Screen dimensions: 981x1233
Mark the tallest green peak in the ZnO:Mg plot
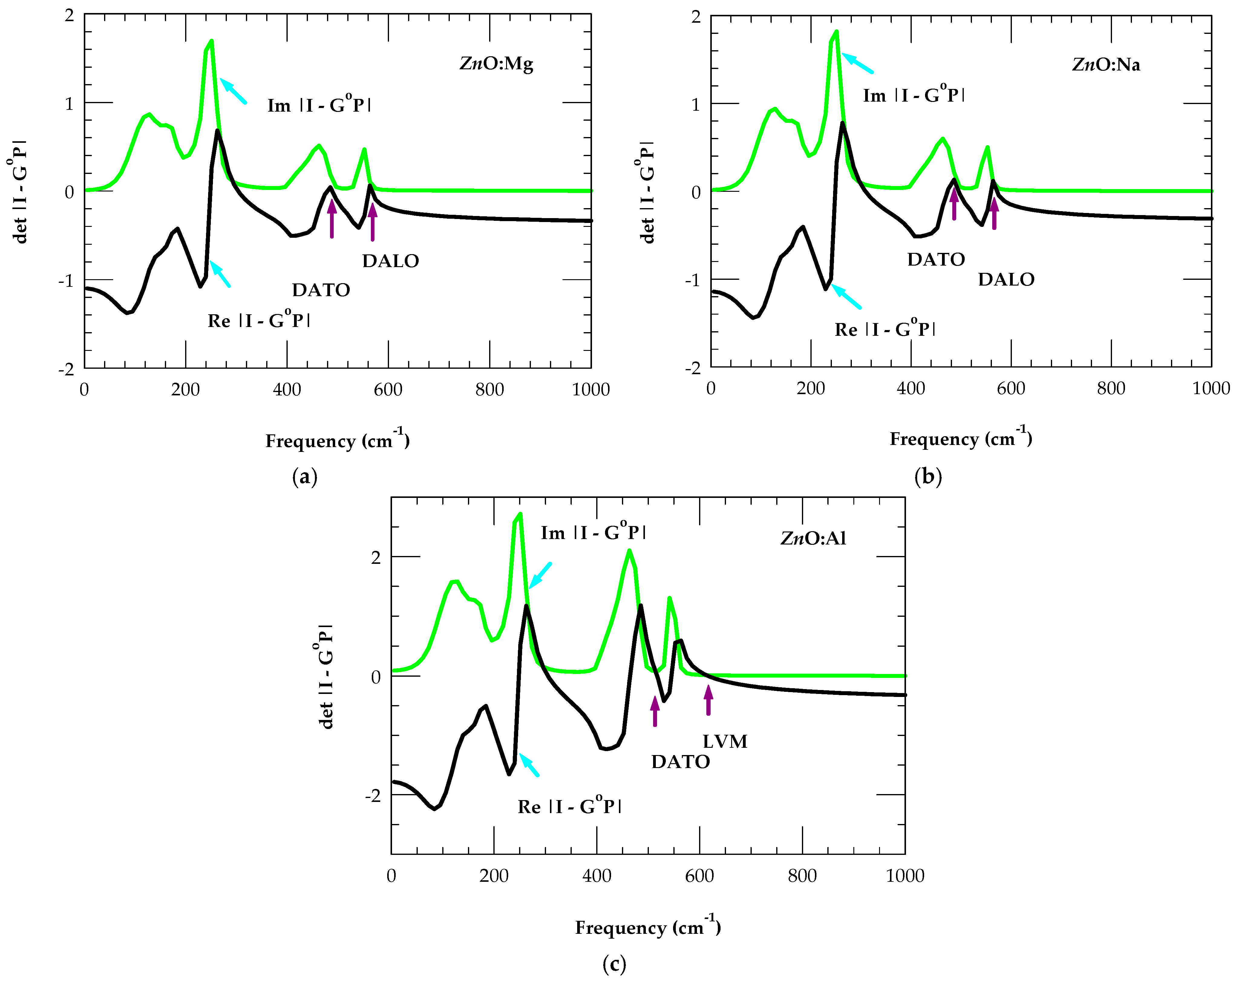point(211,41)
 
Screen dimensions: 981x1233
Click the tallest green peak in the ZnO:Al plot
point(520,514)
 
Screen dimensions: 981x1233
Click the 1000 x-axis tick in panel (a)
point(591,390)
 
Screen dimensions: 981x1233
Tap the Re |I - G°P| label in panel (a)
point(259,320)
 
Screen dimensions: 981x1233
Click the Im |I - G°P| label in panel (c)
point(593,532)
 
